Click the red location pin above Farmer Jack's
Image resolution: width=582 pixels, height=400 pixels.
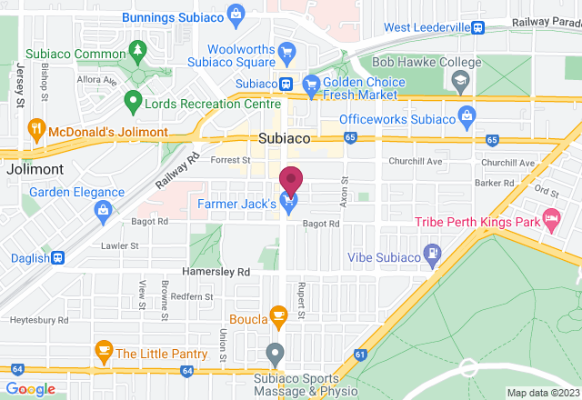[291, 180]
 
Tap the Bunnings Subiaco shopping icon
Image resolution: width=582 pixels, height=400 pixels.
[236, 14]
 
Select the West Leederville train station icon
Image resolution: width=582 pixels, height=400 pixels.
[477, 27]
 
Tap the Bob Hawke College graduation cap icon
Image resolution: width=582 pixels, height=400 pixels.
[460, 81]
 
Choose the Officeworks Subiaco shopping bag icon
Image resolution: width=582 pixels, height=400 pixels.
[467, 117]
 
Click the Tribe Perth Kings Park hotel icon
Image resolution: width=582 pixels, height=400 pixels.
[550, 218]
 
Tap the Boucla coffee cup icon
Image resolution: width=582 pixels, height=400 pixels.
[278, 317]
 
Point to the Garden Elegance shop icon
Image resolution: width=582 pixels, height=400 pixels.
[103, 212]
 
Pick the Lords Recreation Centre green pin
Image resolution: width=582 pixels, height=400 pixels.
[133, 101]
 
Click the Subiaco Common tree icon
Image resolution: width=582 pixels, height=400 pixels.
[137, 48]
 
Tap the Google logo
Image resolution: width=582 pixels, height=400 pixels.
[30, 389]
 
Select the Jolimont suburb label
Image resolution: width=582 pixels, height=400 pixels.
[34, 170]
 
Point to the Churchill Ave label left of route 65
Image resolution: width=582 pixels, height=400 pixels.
[416, 162]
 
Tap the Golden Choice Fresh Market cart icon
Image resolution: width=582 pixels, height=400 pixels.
[310, 83]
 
